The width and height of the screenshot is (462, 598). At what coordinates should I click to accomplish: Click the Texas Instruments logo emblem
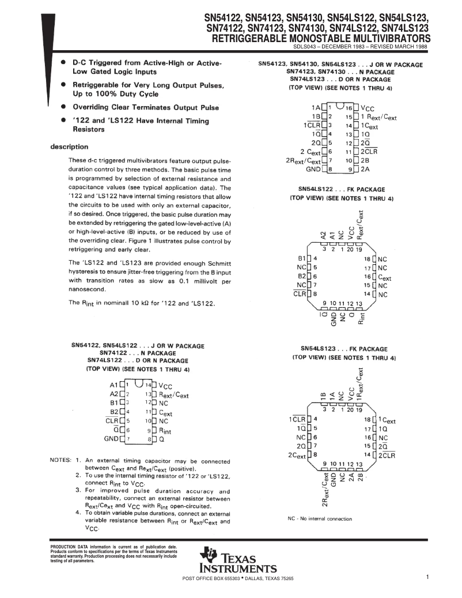(207, 556)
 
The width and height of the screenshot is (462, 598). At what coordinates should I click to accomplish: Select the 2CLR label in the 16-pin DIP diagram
(369, 151)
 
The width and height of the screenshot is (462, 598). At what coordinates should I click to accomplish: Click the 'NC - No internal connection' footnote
(320, 518)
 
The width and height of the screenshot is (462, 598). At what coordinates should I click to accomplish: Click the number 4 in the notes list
(78, 512)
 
